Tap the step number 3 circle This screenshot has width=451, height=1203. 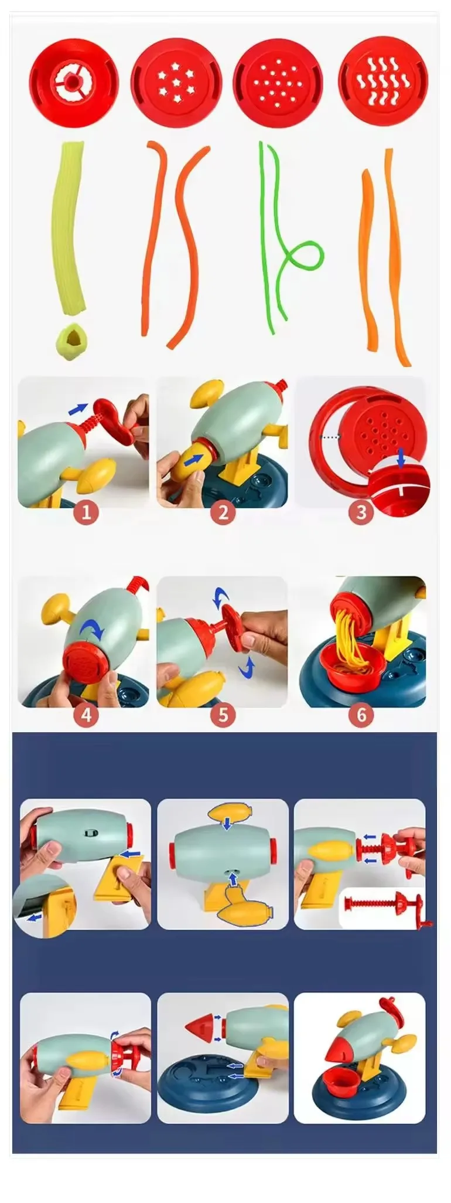(x=361, y=512)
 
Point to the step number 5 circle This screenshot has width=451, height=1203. (x=223, y=715)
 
